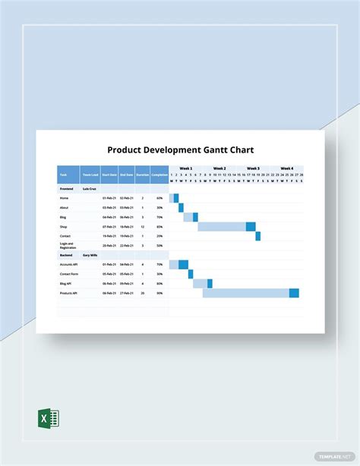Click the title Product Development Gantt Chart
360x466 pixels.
[180, 150]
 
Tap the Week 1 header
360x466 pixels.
[185, 168]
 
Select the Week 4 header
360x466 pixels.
[286, 168]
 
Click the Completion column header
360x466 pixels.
[159, 175]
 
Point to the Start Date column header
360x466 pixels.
[109, 175]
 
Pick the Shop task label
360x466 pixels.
[64, 226]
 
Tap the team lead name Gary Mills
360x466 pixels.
[90, 255]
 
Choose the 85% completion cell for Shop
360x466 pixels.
[159, 226]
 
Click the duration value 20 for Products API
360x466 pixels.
[142, 292]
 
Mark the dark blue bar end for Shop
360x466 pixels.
[251, 226]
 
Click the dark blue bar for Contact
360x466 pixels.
[257, 236]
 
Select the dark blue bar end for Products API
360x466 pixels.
[294, 293]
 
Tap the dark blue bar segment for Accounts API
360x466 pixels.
[183, 264]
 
